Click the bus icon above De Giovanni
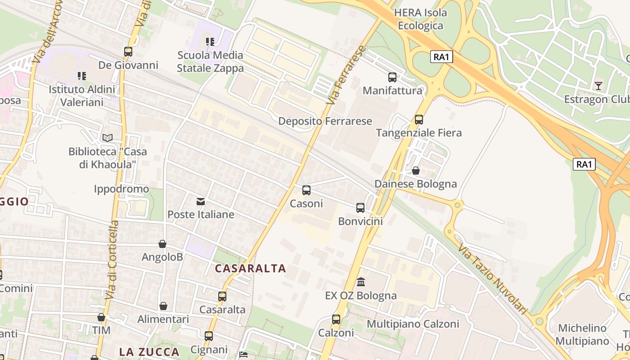tap(128, 52)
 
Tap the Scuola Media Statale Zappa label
tap(210, 62)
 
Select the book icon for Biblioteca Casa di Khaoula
tap(108, 138)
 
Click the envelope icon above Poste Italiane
tap(200, 201)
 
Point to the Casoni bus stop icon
tap(306, 190)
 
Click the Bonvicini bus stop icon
tap(360, 207)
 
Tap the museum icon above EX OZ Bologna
tap(361, 282)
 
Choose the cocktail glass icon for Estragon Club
tap(598, 85)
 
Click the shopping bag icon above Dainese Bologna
tap(416, 171)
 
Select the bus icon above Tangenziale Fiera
tap(419, 120)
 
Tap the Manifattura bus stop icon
tap(392, 77)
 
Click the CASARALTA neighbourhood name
tap(250, 269)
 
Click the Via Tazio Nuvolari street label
tap(492, 279)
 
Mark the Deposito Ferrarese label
tap(325, 121)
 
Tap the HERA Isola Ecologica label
tap(420, 19)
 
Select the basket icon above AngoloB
tap(162, 244)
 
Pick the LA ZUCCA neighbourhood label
tap(149, 351)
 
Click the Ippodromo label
tap(121, 189)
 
